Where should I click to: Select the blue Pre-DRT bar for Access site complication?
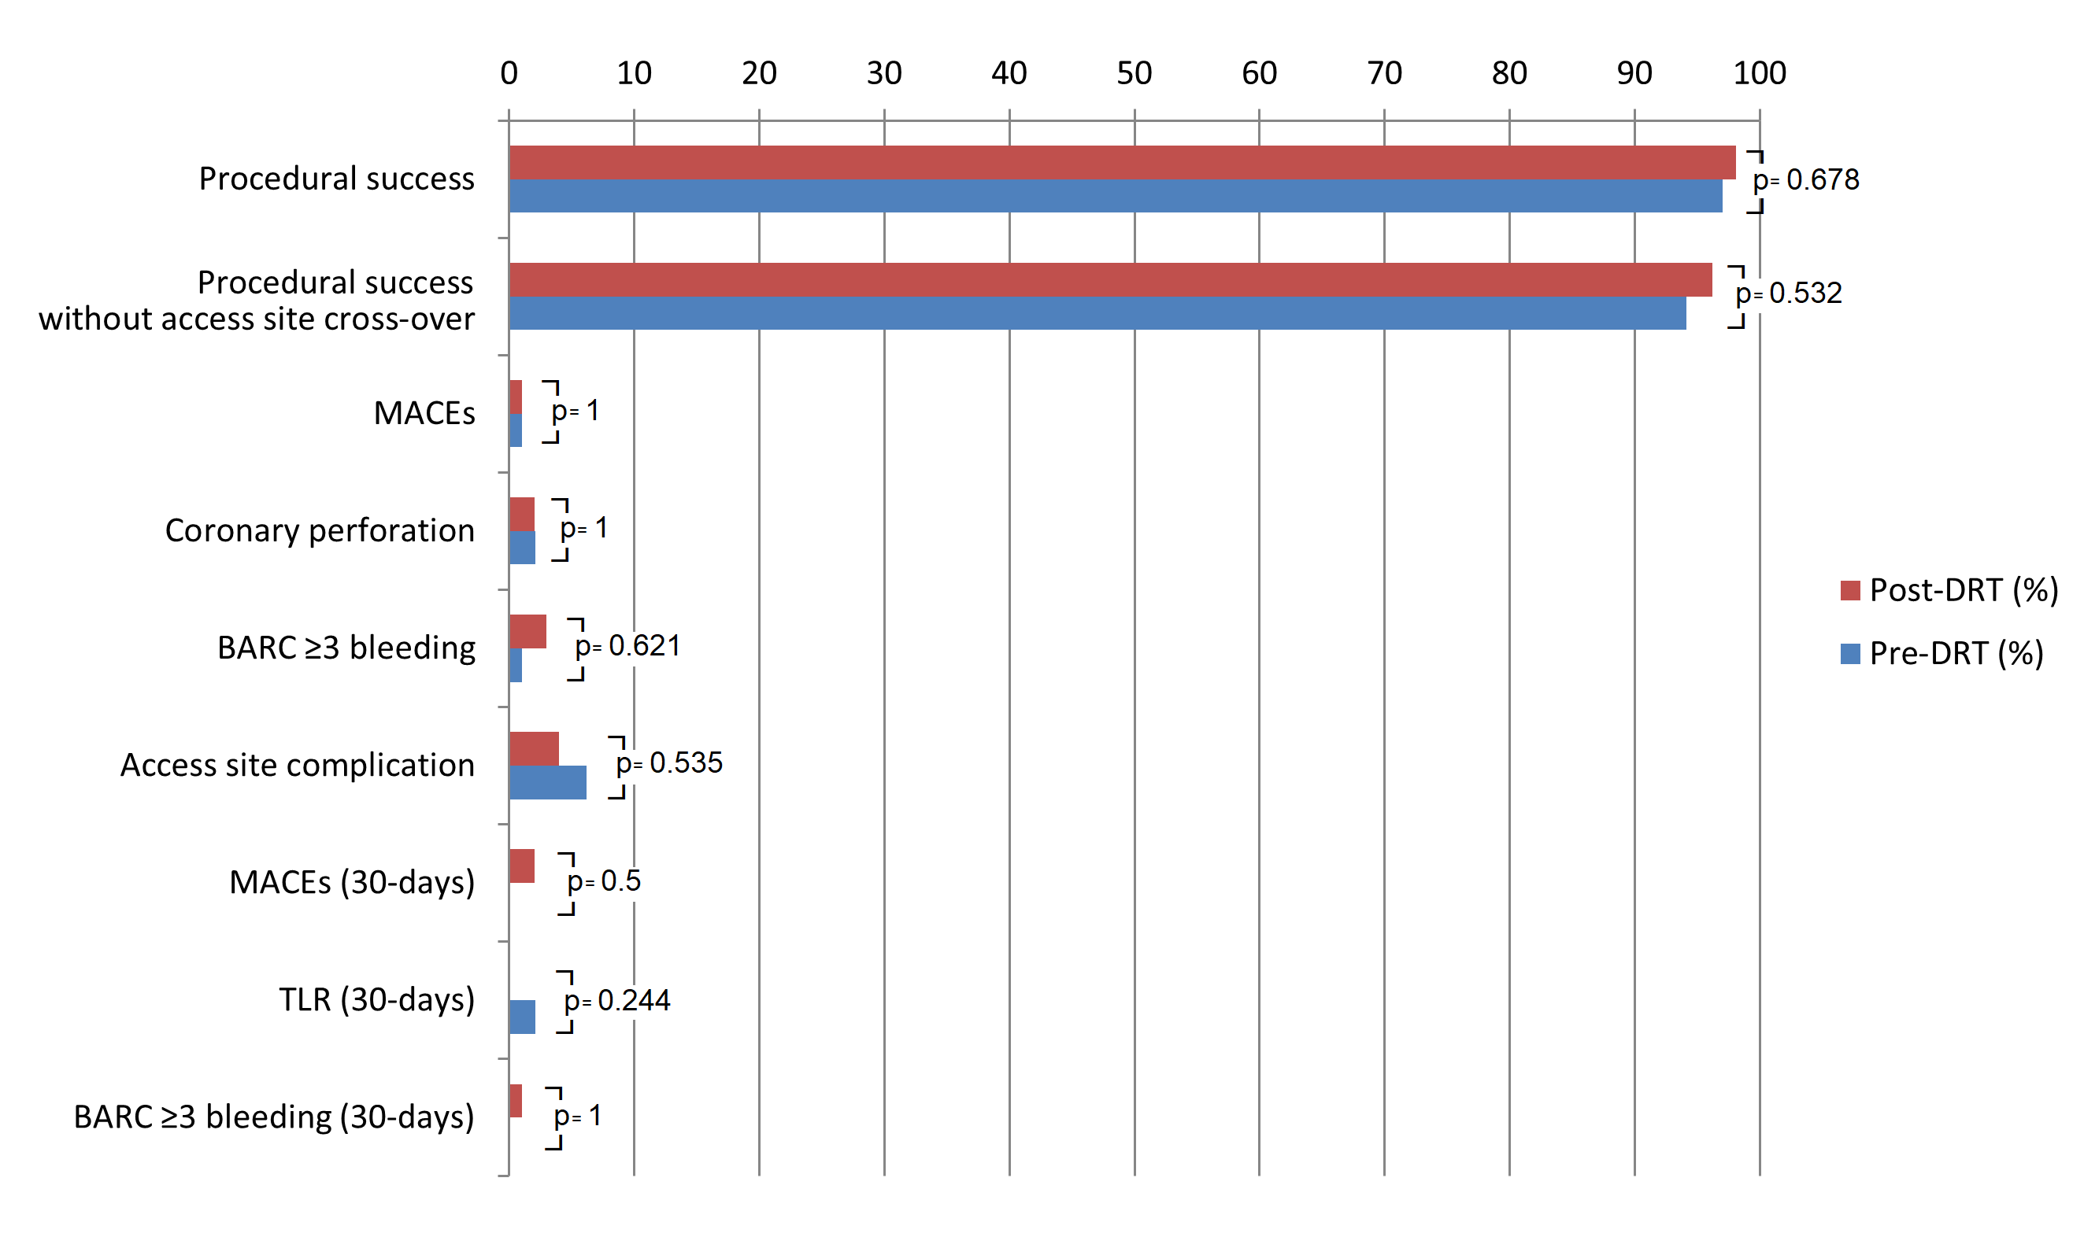pyautogui.click(x=547, y=782)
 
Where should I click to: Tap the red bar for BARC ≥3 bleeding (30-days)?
pyautogui.click(x=515, y=1100)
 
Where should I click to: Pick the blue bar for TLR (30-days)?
pyautogui.click(x=522, y=1017)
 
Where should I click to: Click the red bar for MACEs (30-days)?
pyautogui.click(x=522, y=866)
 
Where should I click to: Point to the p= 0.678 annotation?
pyautogui.click(x=1806, y=180)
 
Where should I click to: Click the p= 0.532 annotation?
pyautogui.click(x=1788, y=294)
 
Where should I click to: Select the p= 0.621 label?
pyautogui.click(x=627, y=646)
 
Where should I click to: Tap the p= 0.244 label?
pyautogui.click(x=616, y=1001)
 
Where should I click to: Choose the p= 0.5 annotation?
pyautogui.click(x=604, y=882)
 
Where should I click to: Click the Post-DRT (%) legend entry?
pyautogui.click(x=1949, y=590)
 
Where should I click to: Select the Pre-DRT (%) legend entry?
pyautogui.click(x=1942, y=654)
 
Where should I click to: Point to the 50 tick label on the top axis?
pyautogui.click(x=1135, y=73)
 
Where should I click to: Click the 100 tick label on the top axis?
pyautogui.click(x=1759, y=73)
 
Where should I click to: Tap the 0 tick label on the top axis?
pyautogui.click(x=509, y=73)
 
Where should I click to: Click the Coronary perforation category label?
pyautogui.click(x=320, y=531)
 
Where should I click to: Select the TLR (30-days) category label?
pyautogui.click(x=376, y=1000)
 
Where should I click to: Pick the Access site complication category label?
pyautogui.click(x=297, y=765)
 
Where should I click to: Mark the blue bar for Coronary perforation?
pyautogui.click(x=522, y=547)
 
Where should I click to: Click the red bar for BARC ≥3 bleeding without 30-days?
pyautogui.click(x=527, y=631)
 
